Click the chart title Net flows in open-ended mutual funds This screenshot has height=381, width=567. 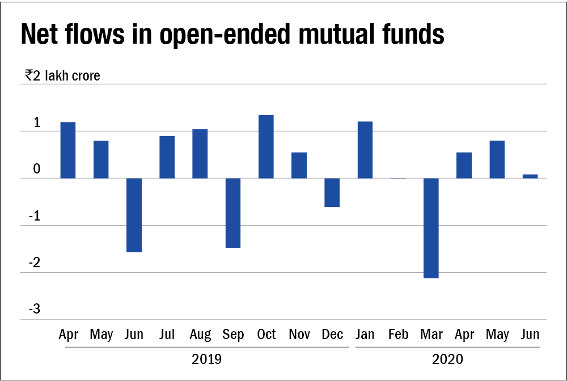[232, 35]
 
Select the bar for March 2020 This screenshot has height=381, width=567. [431, 228]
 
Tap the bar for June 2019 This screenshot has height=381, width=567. [134, 215]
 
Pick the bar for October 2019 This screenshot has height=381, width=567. [266, 147]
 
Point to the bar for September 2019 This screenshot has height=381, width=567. [233, 213]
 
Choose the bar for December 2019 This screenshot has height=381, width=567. [332, 193]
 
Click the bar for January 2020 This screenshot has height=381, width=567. [365, 150]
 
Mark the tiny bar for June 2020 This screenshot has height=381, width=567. [530, 176]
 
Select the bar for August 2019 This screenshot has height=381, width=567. [200, 154]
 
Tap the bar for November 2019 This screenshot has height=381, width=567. [299, 166]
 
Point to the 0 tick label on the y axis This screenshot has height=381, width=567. [36, 168]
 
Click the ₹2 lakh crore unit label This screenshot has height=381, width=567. [62, 75]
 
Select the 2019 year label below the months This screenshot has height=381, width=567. [207, 359]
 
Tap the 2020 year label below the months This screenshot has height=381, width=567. [447, 359]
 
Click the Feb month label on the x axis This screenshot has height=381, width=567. [398, 335]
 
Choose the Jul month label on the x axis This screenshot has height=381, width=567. [167, 335]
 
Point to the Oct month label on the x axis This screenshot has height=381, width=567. [266, 335]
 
